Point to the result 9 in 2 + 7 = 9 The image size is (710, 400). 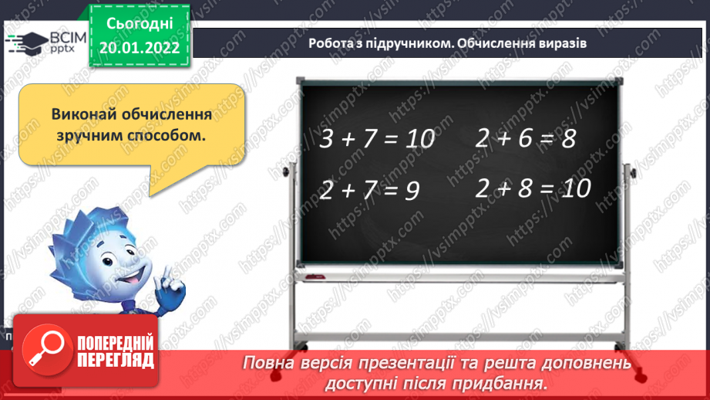(410, 192)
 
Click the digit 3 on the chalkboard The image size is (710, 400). (326, 140)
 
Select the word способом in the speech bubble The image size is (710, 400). (169, 134)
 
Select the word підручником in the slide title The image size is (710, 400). (400, 44)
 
